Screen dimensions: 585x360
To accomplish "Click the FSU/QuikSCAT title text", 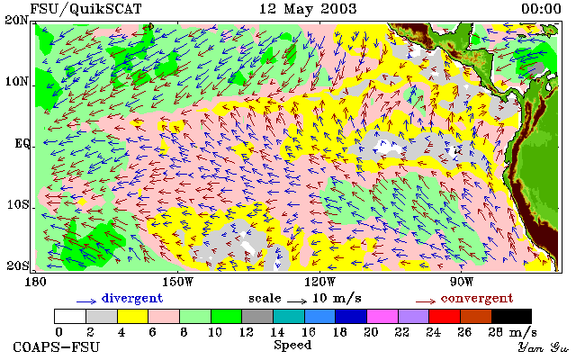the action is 85,9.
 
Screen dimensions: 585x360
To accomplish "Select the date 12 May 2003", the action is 308,9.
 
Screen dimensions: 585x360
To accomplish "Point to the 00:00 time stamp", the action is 541,9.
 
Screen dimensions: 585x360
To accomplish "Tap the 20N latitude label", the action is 16,20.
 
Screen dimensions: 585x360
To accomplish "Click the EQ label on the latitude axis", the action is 22,143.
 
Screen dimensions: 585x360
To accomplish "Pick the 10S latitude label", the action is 18,204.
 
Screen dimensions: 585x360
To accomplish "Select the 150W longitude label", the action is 178,282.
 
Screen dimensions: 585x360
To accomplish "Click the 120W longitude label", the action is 319,282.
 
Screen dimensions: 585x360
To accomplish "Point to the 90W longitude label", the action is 462,282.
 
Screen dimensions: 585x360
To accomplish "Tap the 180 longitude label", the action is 35,282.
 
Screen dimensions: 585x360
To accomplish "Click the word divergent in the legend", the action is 132,299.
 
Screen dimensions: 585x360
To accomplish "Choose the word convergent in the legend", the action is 477,299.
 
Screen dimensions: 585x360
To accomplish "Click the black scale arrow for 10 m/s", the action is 297,301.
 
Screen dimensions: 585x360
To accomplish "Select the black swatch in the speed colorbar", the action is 511,316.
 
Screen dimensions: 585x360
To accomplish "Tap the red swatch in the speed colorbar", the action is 445,316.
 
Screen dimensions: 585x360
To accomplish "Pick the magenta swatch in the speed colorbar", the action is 382,316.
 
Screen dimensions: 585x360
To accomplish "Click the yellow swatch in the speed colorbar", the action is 133,316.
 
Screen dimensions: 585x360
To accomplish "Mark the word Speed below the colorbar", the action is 292,345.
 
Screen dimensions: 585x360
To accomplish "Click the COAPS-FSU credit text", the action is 57,346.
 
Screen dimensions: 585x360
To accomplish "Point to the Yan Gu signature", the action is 544,347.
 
